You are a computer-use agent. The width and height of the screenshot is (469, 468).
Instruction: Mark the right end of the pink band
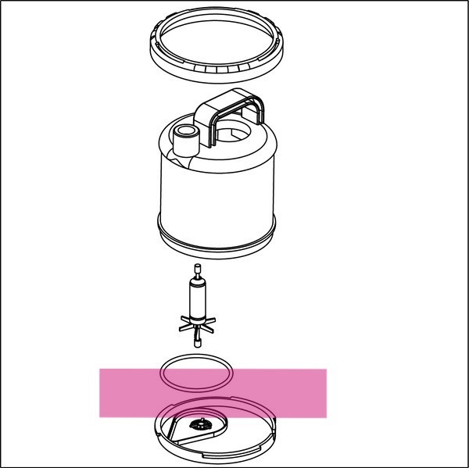324,392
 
